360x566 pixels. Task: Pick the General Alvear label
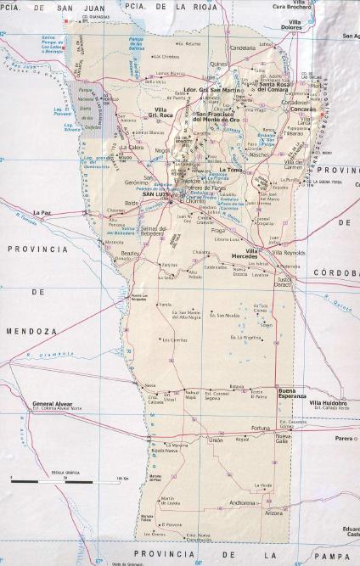point(50,403)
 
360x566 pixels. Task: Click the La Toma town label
point(232,170)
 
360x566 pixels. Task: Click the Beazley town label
point(128,253)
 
